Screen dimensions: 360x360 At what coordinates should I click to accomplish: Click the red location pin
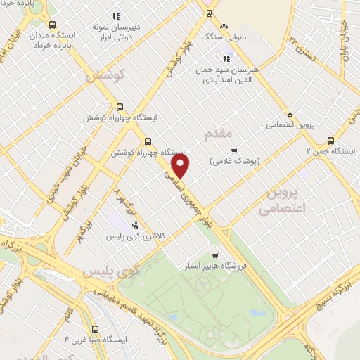181,167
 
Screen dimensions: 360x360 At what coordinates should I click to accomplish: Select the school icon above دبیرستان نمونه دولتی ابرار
117,15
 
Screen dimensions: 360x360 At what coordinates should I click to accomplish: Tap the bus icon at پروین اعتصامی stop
289,112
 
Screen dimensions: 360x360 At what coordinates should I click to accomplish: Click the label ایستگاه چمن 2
330,150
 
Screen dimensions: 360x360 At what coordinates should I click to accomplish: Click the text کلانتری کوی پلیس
136,237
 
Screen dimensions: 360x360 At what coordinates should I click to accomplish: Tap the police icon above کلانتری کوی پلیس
135,225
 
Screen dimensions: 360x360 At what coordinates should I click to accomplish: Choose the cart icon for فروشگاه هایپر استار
214,256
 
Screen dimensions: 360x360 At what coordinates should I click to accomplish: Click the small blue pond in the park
257,313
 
